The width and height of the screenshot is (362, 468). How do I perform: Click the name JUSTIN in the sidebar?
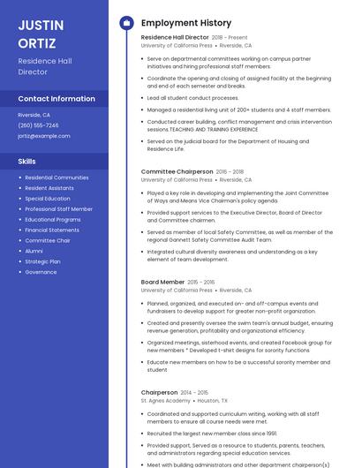click(39, 25)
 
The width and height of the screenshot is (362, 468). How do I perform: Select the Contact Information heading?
click(57, 99)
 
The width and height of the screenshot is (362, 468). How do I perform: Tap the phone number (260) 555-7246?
click(38, 125)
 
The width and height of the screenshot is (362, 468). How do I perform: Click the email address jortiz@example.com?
click(43, 136)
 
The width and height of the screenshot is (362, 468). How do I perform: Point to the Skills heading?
click(27, 161)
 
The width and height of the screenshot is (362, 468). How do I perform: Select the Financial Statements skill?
click(52, 230)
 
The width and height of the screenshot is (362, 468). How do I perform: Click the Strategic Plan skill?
click(42, 261)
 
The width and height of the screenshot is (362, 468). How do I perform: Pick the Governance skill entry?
click(41, 272)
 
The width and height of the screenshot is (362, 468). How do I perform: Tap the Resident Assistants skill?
click(49, 188)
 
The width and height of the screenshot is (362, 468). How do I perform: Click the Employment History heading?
click(186, 23)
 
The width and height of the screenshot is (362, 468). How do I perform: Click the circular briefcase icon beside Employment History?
click(125, 23)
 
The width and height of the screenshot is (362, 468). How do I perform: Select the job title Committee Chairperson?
click(177, 171)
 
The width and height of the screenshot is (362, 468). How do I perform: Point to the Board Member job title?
click(162, 282)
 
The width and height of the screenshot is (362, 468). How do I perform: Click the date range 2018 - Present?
click(230, 38)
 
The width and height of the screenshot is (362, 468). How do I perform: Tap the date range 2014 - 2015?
click(194, 392)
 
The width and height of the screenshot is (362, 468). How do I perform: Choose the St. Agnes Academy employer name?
click(165, 400)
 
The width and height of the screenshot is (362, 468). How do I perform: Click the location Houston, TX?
click(213, 400)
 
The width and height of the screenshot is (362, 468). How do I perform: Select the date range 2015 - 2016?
click(200, 282)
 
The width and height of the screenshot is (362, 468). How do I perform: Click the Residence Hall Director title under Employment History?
click(174, 38)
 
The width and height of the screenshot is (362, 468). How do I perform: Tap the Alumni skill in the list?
click(34, 251)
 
